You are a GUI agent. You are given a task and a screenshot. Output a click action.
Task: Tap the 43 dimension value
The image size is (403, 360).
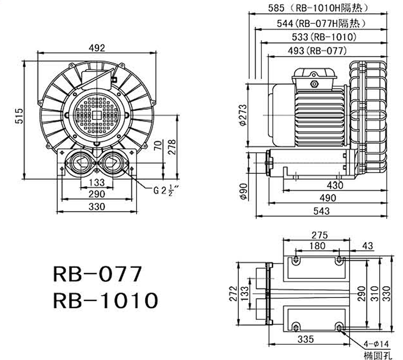pyautogui.click(x=367, y=246)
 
